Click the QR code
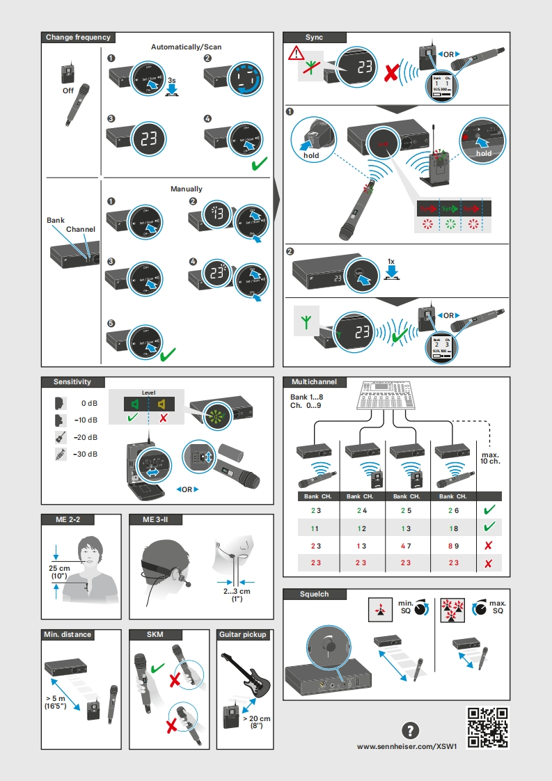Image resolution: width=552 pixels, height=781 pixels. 487,727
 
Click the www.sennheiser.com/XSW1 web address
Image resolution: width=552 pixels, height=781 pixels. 407,746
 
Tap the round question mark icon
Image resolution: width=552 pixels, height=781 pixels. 411,730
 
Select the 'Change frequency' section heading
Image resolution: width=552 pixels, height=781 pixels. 77,38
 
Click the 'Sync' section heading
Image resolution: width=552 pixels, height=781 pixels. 314,38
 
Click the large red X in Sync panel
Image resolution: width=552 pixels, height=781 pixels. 393,70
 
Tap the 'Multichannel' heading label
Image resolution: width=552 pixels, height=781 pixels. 314,382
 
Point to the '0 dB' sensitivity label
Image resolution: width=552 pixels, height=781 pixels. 88,403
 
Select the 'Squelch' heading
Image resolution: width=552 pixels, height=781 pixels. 314,594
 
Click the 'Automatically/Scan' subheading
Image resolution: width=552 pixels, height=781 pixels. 187,47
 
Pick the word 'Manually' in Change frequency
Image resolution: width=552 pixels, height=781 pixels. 187,189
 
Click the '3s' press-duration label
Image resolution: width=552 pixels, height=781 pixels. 172,81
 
